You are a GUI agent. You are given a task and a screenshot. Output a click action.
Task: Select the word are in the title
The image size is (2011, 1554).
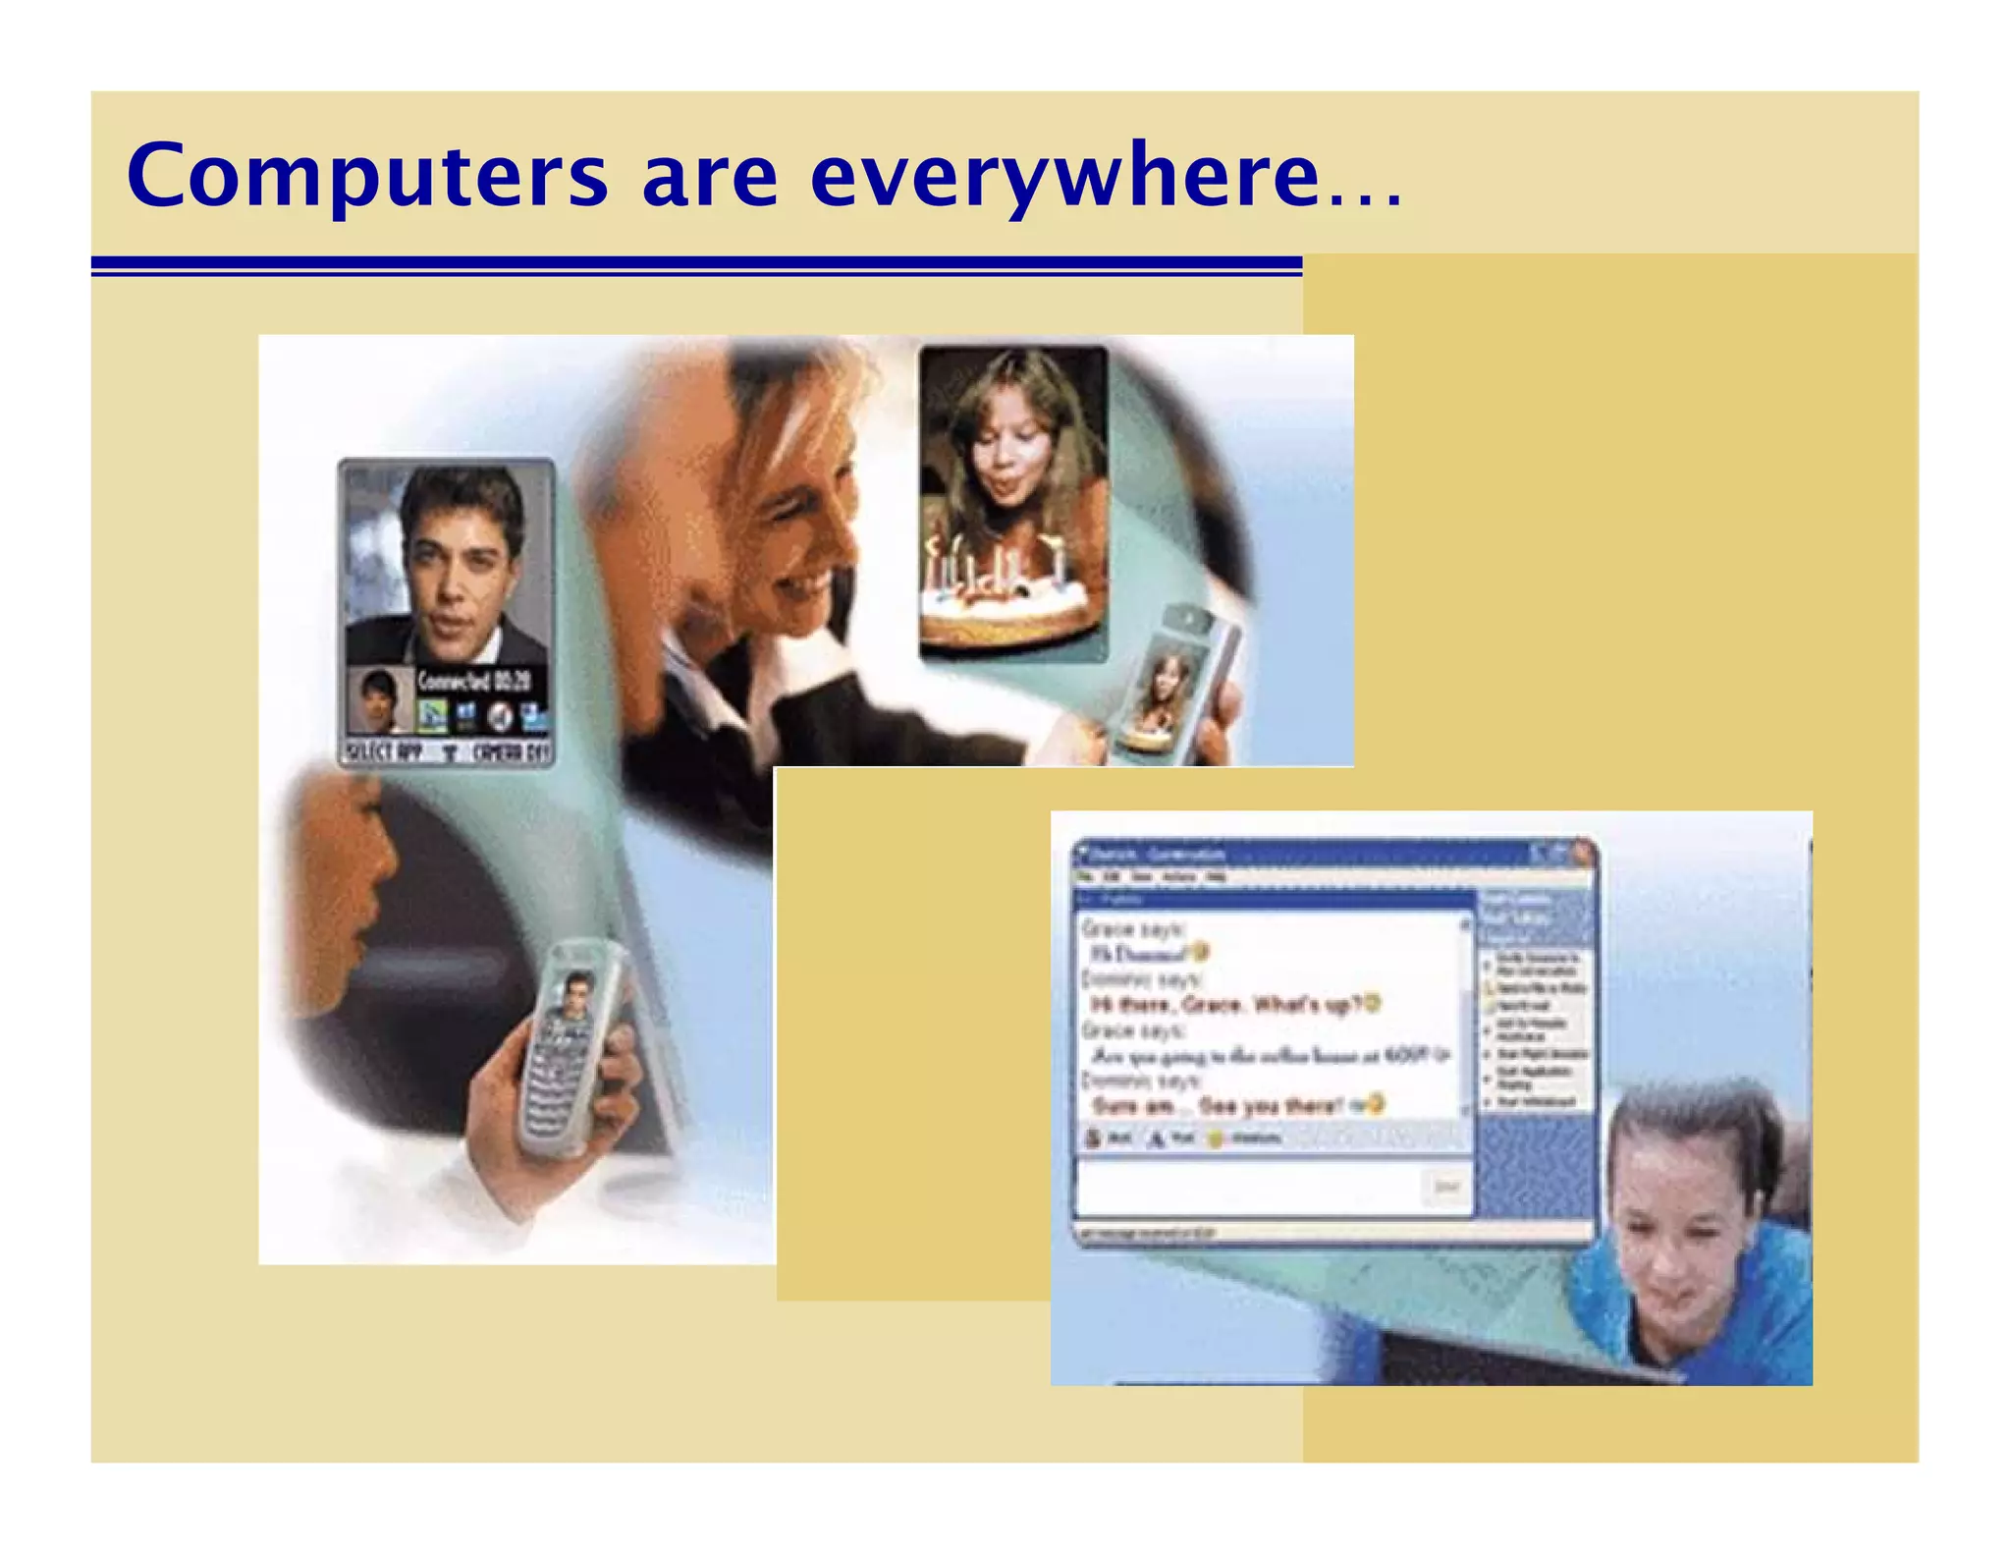click(709, 177)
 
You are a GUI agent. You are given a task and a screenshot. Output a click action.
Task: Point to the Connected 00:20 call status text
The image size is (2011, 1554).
click(474, 680)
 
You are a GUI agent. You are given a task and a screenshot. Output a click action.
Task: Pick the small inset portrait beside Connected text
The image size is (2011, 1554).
click(379, 700)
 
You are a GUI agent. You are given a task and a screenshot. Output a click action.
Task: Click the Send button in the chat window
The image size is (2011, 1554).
click(1445, 1187)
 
